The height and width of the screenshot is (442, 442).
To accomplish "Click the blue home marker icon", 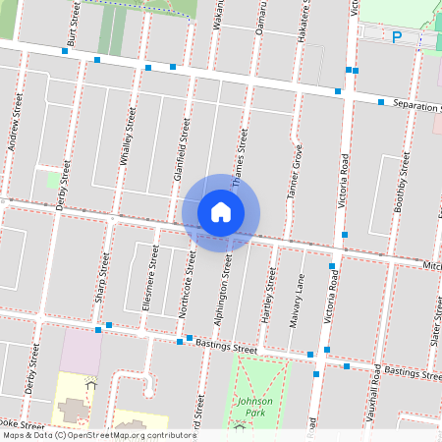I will click(x=221, y=211).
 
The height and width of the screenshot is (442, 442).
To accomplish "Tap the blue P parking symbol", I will click(x=397, y=37).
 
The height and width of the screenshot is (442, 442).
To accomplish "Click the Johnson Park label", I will click(x=254, y=407).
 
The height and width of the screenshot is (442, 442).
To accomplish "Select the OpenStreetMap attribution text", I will click(x=99, y=435).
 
